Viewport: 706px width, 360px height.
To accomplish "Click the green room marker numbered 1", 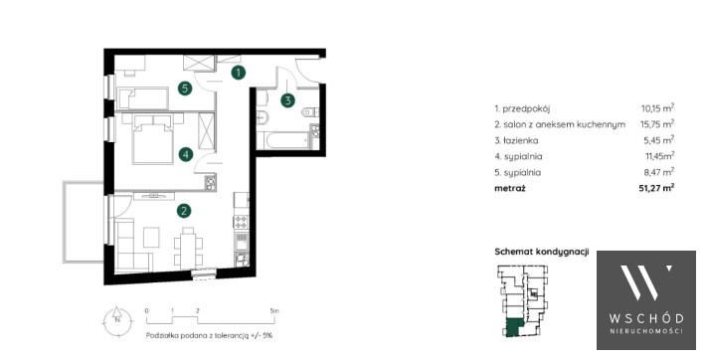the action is [239, 72].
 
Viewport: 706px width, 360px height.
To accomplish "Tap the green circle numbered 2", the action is [183, 211].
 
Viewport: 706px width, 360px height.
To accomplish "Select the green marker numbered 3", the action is [287, 100].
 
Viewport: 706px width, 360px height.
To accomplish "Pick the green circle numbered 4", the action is [185, 155].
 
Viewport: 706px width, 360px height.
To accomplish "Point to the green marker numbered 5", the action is [185, 89].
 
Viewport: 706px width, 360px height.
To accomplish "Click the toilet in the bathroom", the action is [310, 110].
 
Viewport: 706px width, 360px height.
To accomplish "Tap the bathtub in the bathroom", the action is [287, 140].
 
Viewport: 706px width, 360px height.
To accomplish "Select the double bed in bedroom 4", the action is [153, 138].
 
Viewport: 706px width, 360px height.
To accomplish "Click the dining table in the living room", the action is [188, 248].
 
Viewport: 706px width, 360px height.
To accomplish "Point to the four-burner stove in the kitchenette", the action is [241, 221].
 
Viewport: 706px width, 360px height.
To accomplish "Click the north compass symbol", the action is [117, 320].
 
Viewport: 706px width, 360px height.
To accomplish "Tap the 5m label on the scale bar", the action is [274, 310].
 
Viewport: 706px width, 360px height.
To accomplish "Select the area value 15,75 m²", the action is [657, 124].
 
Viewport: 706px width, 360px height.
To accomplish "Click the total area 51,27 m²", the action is [657, 188].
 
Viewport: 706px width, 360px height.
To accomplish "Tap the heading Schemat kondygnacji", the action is [542, 252].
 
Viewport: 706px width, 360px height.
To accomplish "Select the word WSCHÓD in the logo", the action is [646, 318].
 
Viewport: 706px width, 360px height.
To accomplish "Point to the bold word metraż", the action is [510, 188].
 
